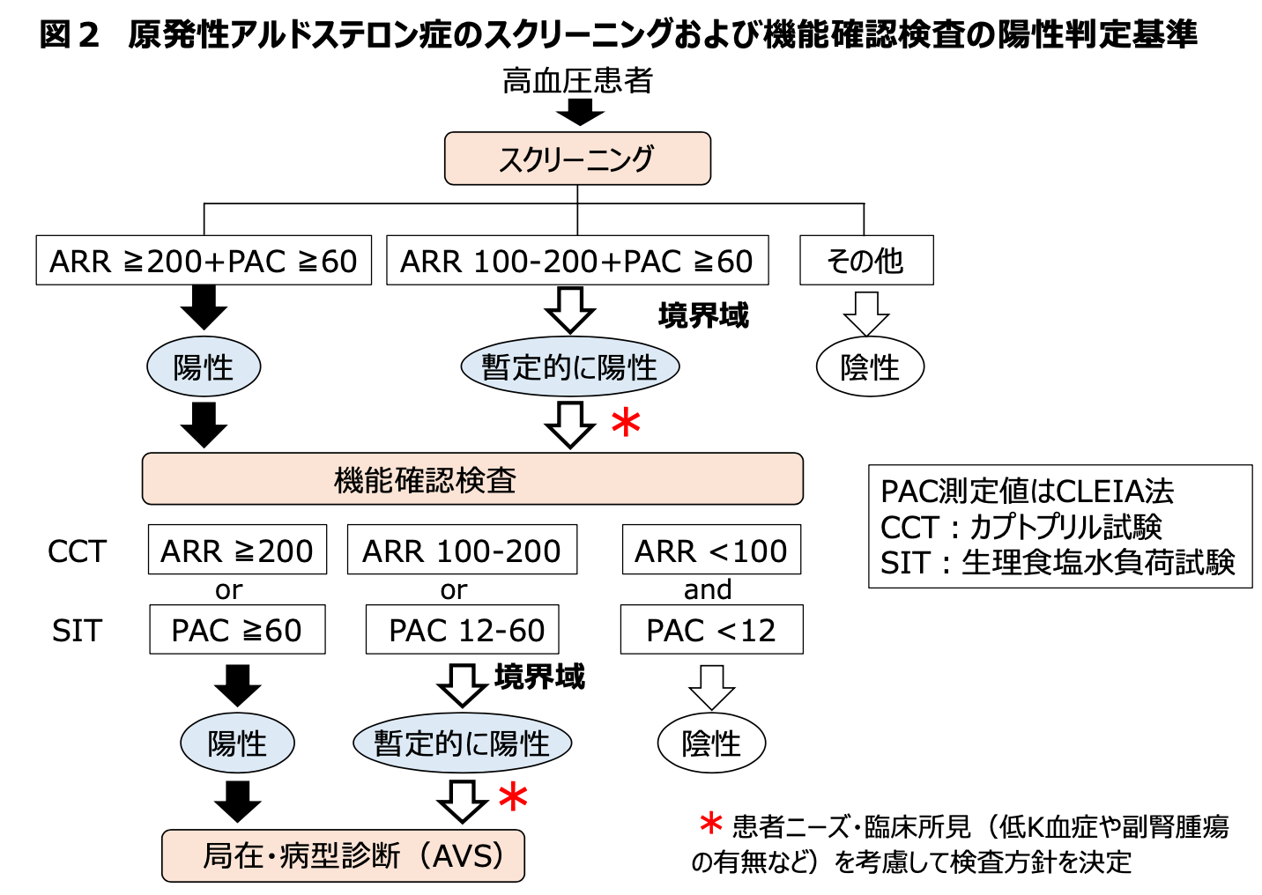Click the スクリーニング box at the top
(x=577, y=159)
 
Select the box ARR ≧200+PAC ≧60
(x=204, y=261)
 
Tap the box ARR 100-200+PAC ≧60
(x=577, y=261)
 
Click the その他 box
(x=866, y=261)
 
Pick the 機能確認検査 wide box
(x=472, y=479)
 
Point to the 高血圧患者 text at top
(x=578, y=81)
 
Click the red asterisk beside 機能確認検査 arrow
(x=626, y=424)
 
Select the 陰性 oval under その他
(x=870, y=366)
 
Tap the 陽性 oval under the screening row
(x=204, y=366)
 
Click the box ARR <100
(x=711, y=551)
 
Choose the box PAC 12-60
(x=463, y=630)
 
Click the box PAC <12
(x=711, y=630)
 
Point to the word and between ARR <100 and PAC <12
(x=708, y=589)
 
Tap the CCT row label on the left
(x=77, y=551)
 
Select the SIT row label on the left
(x=77, y=631)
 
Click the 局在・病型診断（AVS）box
(x=344, y=855)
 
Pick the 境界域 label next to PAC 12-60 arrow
(x=539, y=677)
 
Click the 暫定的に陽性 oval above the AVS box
(x=462, y=743)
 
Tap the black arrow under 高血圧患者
(x=579, y=112)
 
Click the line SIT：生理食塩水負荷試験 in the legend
(x=1058, y=562)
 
